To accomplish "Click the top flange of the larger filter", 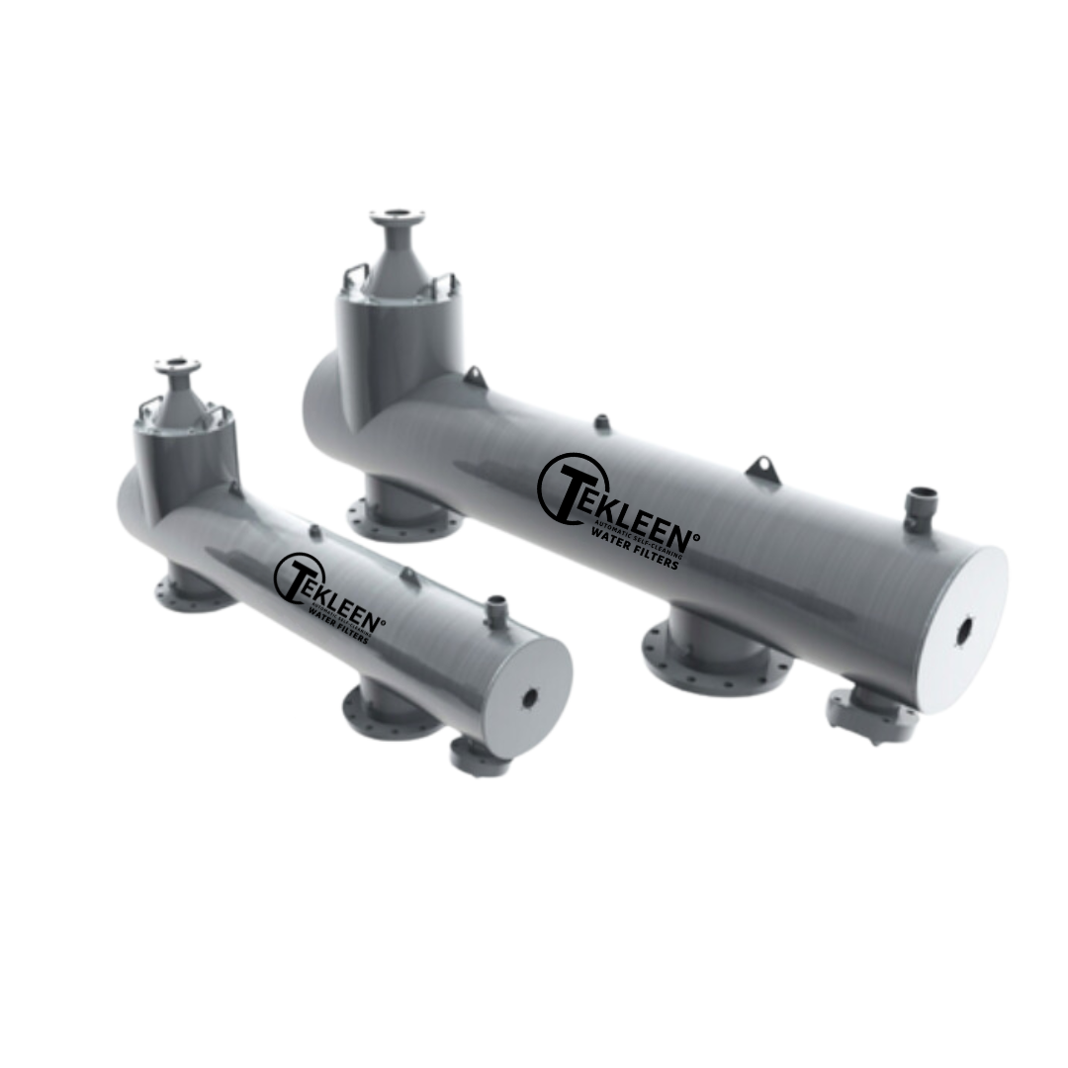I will (398, 217).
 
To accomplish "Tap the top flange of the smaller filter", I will (177, 366).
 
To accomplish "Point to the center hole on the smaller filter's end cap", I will (529, 698).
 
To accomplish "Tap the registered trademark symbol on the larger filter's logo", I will (695, 539).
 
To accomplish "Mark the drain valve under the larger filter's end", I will (871, 715).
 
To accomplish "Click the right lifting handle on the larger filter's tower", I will (444, 286).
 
